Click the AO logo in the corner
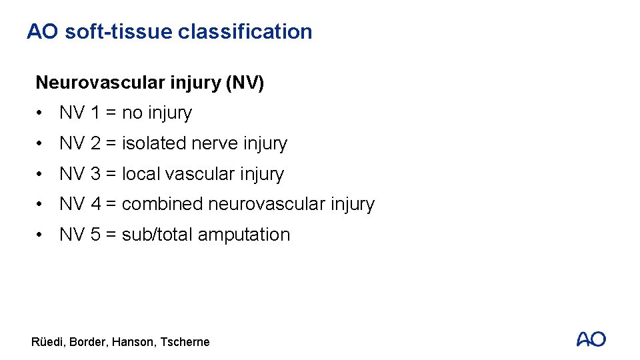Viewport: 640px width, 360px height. click(591, 339)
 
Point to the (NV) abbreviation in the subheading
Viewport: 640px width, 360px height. click(245, 83)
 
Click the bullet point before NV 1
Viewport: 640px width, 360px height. click(41, 113)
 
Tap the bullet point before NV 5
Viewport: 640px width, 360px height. click(41, 235)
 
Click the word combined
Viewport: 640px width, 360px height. click(163, 204)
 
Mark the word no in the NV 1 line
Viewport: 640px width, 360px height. click(132, 113)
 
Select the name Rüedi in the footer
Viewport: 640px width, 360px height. click(47, 342)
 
